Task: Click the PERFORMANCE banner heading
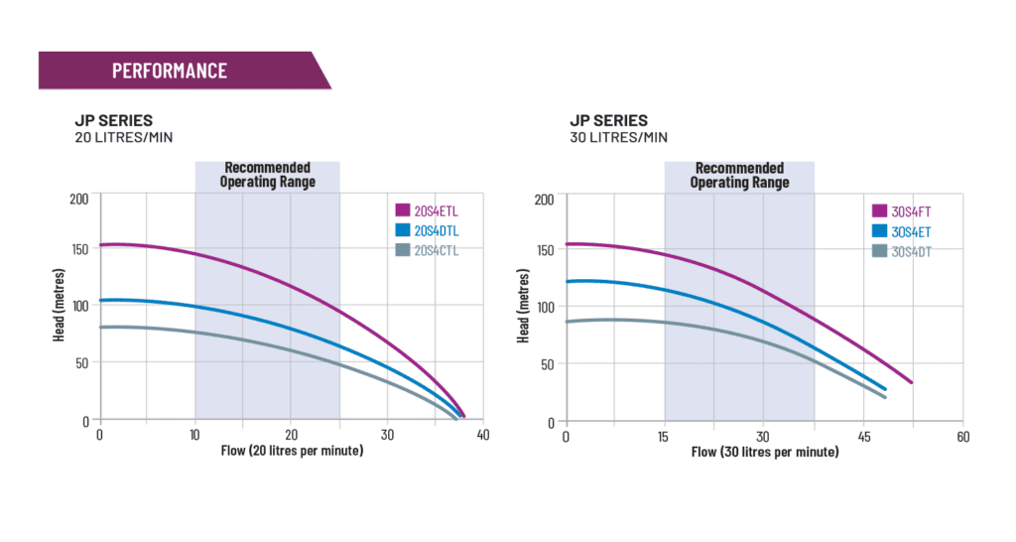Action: [x=169, y=70]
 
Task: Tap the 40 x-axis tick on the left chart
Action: [x=483, y=435]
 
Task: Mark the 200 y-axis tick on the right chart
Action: [x=544, y=200]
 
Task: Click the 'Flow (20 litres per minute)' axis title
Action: [x=292, y=451]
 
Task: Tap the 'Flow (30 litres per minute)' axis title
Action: [x=764, y=453]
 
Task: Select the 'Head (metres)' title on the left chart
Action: [x=60, y=310]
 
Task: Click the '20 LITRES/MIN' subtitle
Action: [x=124, y=137]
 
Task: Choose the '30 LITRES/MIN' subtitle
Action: [x=618, y=137]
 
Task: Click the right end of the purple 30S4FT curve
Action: [x=911, y=382]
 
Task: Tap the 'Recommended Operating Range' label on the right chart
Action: [x=739, y=175]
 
